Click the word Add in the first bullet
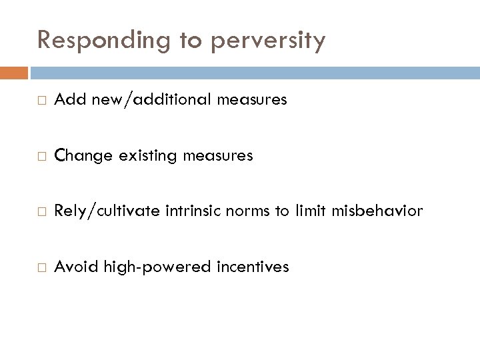click(67, 100)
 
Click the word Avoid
click(73, 267)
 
